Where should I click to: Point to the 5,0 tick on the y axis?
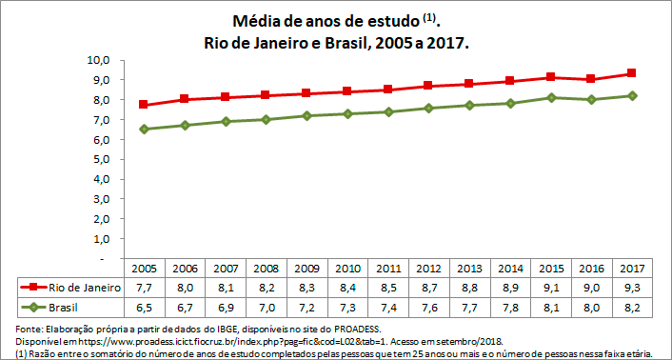(101, 159)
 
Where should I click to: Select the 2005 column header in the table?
(144, 269)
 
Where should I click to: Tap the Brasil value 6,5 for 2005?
(144, 307)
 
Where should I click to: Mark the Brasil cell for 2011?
(390, 307)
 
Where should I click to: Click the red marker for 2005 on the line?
(144, 105)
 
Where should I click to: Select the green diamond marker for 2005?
(144, 129)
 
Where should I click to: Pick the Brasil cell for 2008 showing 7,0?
(267, 307)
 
